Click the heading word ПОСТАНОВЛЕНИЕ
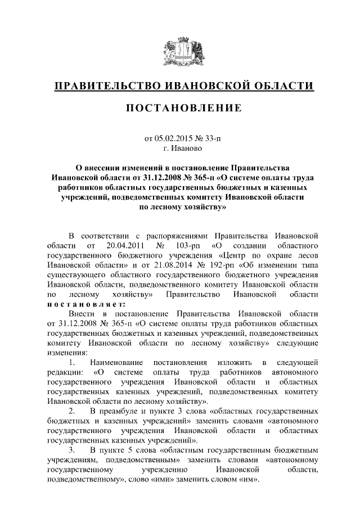(x=180, y=107)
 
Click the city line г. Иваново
(x=180, y=149)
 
